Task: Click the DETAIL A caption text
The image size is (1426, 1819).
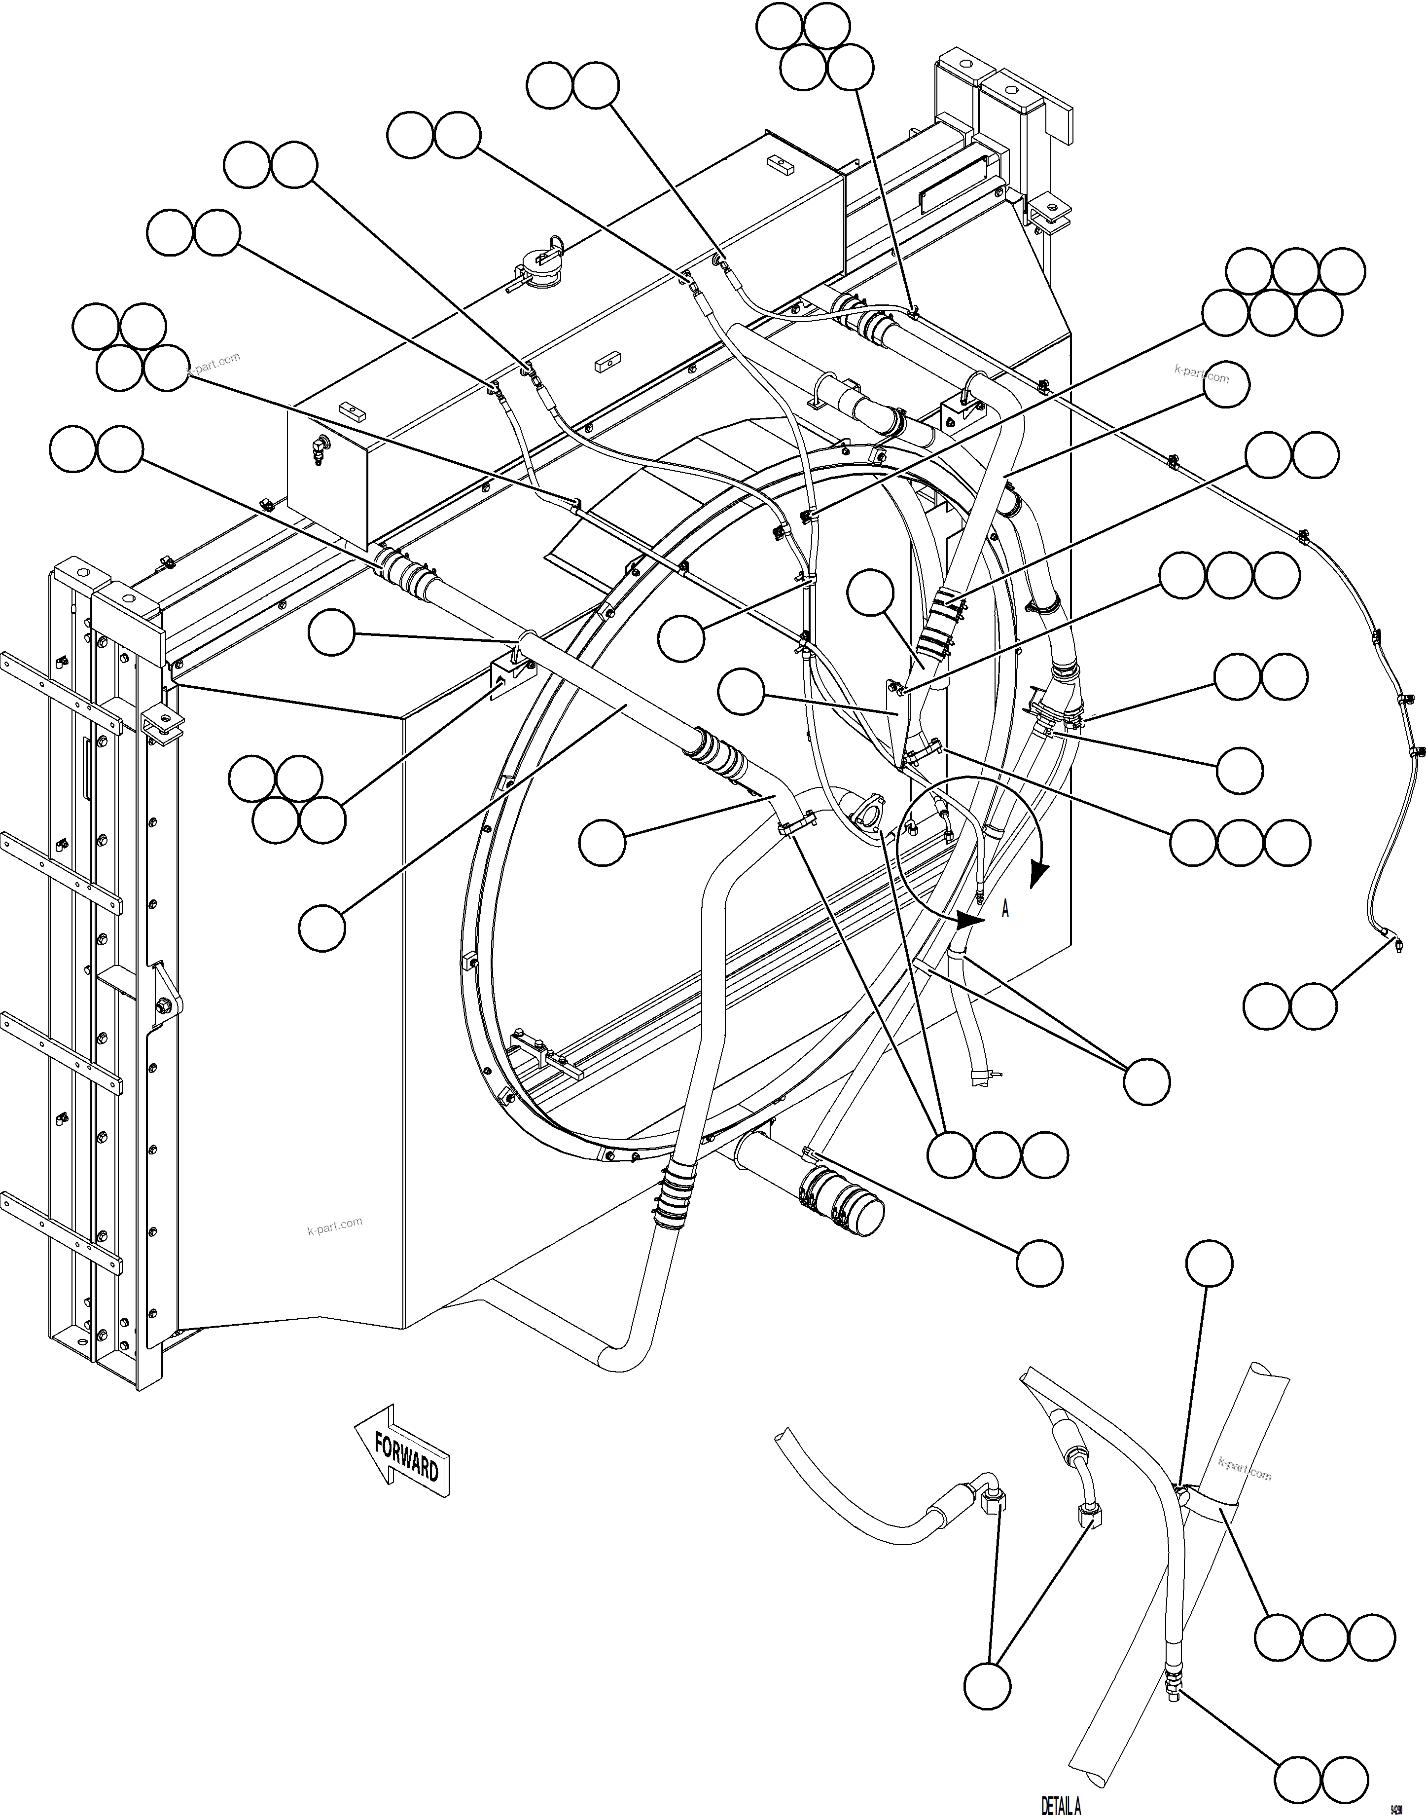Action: pos(1060,1806)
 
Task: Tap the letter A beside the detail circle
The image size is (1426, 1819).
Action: pos(1005,910)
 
